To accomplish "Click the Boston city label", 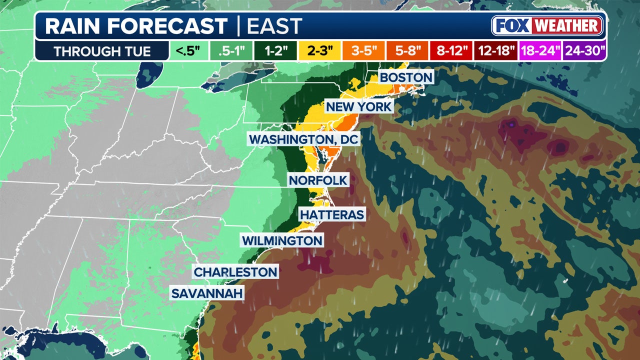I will coord(405,77).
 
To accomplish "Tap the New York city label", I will coord(359,106).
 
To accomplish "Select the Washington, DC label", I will coord(304,139).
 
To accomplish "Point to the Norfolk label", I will coord(317,180).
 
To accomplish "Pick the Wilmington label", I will coord(282,240).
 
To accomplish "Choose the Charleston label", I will coord(235,272).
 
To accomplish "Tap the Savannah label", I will coord(207,293).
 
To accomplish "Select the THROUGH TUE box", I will coord(102,51).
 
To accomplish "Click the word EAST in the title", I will coord(274,26).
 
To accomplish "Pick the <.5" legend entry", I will coord(186,51).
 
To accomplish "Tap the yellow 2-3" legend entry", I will coord(318,51).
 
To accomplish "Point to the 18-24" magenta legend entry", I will coord(540,51).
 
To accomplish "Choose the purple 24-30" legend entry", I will coord(584,51).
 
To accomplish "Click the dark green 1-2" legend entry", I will coord(274,51).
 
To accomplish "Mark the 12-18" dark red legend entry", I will coord(495,51).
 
